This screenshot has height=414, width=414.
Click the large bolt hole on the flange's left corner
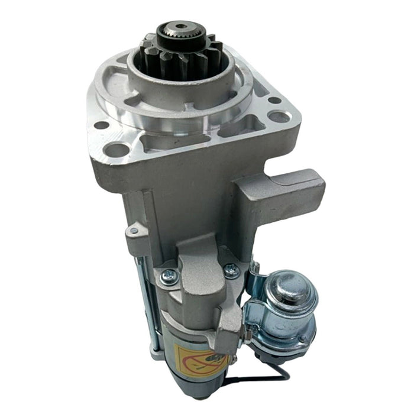click(x=118, y=149)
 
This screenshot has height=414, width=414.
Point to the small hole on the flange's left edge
click(x=101, y=125)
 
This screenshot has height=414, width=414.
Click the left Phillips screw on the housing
click(x=170, y=274)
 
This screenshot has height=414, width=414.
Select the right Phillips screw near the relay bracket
click(x=231, y=270)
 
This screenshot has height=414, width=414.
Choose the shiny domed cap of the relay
click(x=290, y=289)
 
